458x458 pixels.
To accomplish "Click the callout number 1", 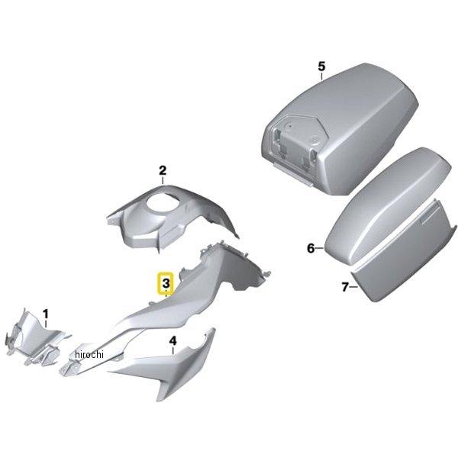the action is coord(46,314).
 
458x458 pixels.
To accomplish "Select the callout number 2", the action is coord(163,170).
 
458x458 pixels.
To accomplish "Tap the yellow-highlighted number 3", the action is coord(166,283).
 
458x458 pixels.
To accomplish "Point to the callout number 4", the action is coord(173,340).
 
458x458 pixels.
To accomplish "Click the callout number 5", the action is coord(321,66).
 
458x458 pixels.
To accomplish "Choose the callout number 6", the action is coord(311,248).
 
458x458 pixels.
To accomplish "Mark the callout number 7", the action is coord(345,287).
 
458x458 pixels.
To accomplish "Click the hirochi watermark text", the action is coord(89,354).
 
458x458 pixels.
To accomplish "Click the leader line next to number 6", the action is coord(319,248).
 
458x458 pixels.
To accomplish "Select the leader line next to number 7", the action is coord(353,287).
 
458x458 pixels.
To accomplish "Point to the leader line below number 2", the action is coord(163,180).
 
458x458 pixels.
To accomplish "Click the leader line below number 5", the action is coord(321,76).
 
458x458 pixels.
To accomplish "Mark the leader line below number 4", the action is coord(173,350).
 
